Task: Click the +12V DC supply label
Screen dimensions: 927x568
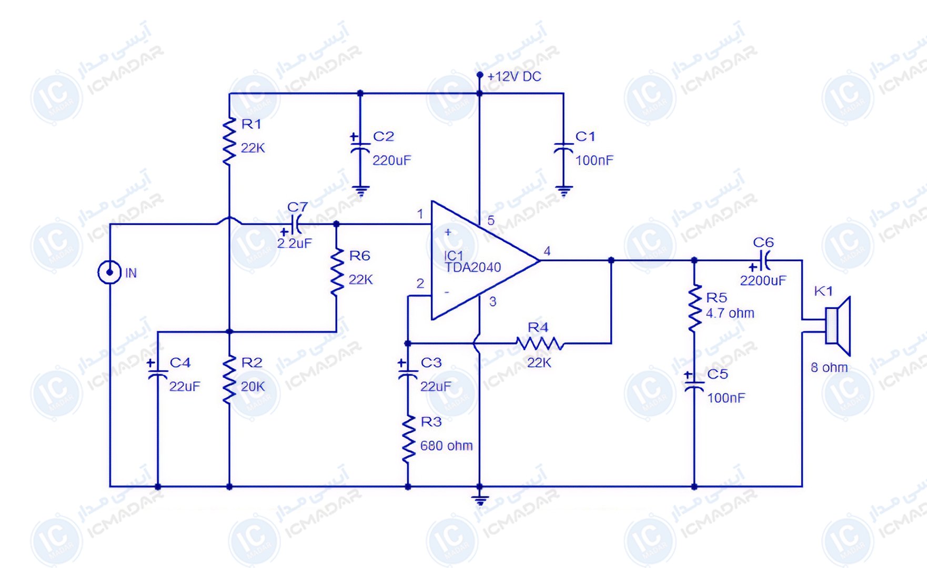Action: click(514, 77)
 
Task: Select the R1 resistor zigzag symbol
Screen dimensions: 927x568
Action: click(229, 142)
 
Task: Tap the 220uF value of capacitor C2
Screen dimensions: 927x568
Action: click(391, 160)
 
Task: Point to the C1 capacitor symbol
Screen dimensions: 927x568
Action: click(563, 149)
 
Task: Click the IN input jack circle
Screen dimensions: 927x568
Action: click(109, 272)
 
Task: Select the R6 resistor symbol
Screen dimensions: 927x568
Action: click(337, 273)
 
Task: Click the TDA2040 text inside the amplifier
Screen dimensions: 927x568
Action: click(472, 268)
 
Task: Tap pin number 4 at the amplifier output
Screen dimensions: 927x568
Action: click(547, 251)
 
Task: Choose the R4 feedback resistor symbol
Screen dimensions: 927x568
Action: click(539, 344)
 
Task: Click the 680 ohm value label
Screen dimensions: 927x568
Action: click(446, 446)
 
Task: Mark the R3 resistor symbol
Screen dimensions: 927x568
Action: click(408, 439)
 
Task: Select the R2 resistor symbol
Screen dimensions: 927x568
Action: click(229, 380)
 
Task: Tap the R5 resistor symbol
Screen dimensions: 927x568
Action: click(694, 308)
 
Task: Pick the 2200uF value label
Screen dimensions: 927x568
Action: click(763, 281)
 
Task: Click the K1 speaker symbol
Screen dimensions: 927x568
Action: click(837, 326)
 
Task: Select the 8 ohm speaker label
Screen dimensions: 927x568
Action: click(829, 368)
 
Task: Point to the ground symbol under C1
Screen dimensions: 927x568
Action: click(563, 191)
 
